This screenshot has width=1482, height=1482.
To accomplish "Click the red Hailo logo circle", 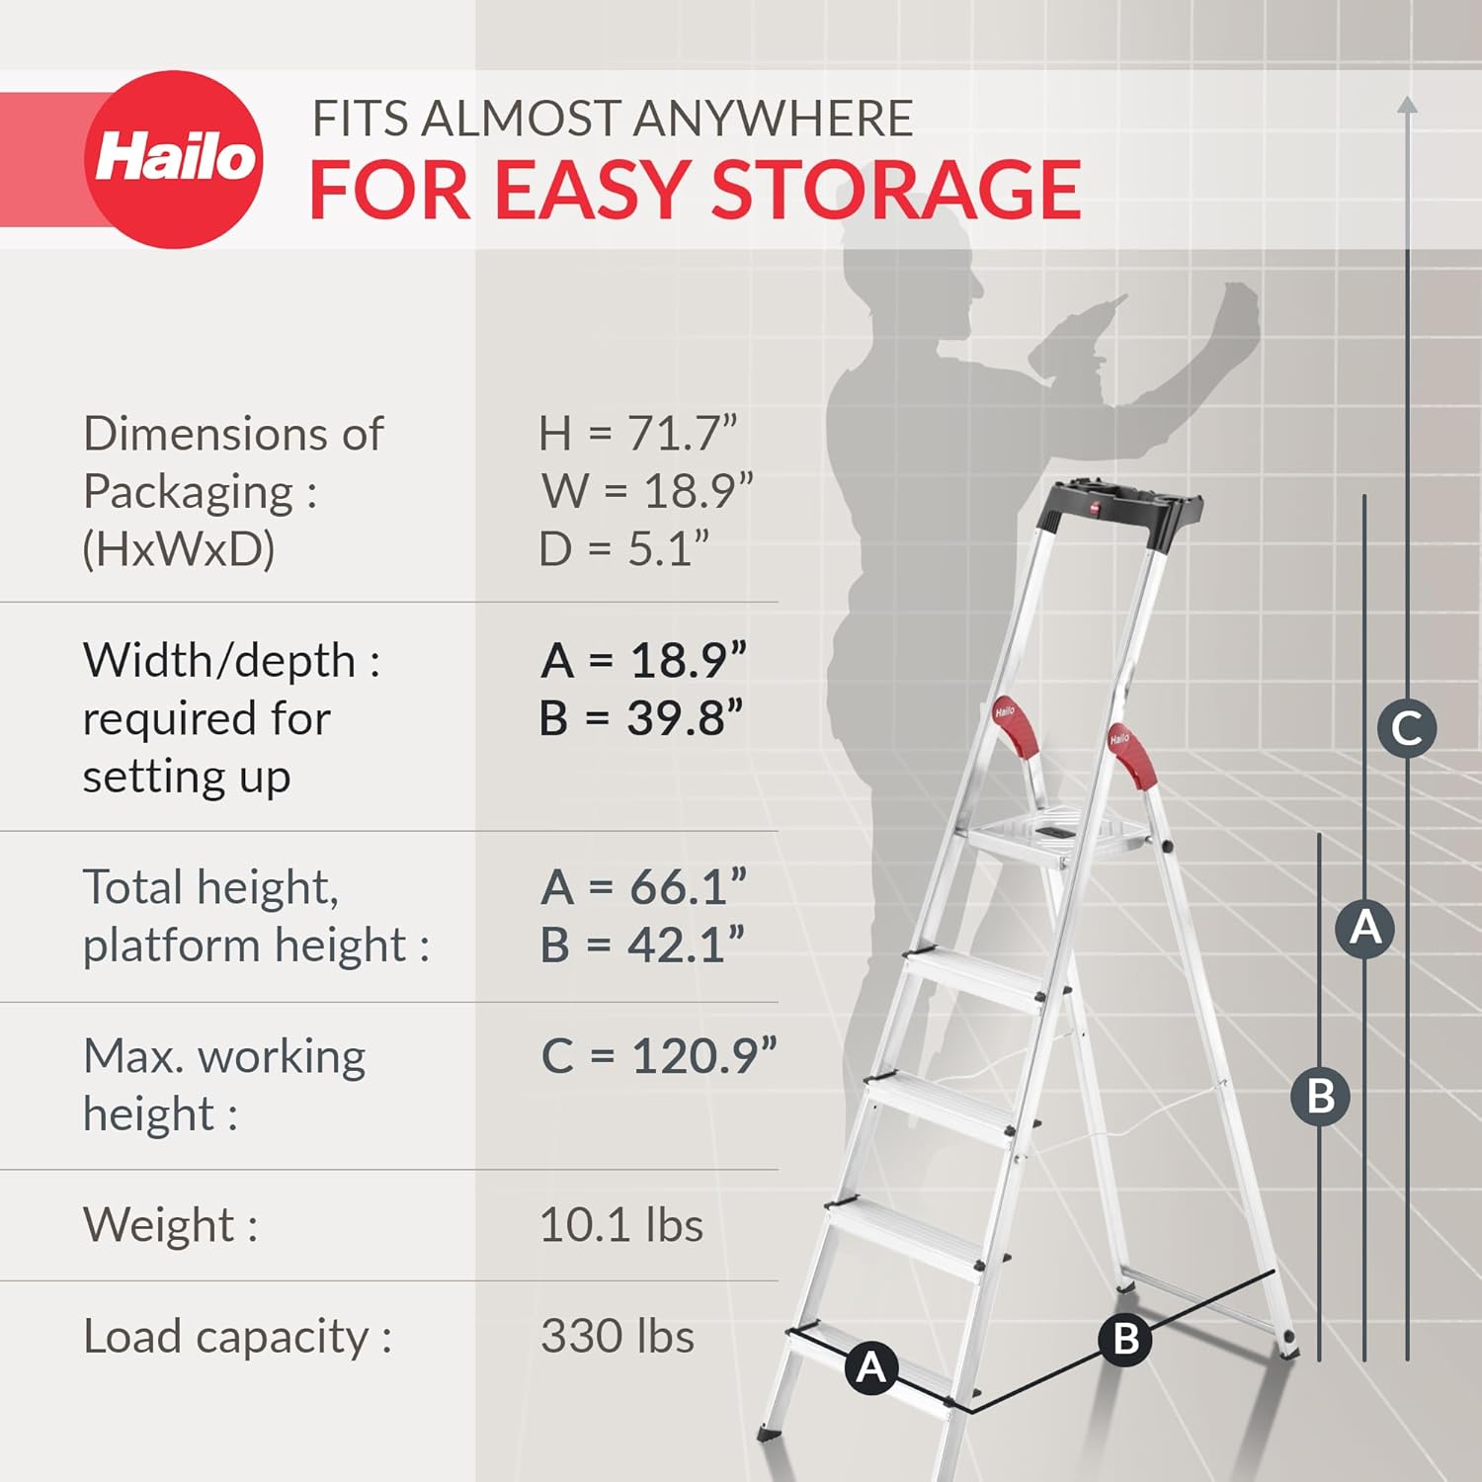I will click(174, 159).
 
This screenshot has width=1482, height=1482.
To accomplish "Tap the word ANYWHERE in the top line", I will click(772, 119).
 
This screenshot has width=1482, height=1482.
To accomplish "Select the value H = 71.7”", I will click(638, 433).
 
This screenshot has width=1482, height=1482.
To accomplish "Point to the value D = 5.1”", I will click(623, 548).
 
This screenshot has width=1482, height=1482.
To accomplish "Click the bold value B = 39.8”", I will click(641, 718).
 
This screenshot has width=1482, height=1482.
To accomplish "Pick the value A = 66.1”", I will click(643, 886).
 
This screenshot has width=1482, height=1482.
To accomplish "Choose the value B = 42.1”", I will click(641, 945).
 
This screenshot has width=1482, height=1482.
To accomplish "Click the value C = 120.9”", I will click(658, 1055).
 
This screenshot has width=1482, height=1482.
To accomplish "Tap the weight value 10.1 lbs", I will click(620, 1225).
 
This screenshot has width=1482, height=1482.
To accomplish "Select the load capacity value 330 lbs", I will click(617, 1336).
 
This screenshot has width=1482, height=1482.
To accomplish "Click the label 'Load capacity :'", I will click(237, 1336).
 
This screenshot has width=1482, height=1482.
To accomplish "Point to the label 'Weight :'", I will click(170, 1225).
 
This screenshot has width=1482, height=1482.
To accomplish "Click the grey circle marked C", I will click(1406, 729).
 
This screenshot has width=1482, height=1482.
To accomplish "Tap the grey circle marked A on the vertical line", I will click(1364, 928).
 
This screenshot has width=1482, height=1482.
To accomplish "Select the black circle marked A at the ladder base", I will click(870, 1367).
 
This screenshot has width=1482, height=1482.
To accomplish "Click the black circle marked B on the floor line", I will click(1125, 1339).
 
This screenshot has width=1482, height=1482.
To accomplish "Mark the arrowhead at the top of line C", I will click(1408, 104).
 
